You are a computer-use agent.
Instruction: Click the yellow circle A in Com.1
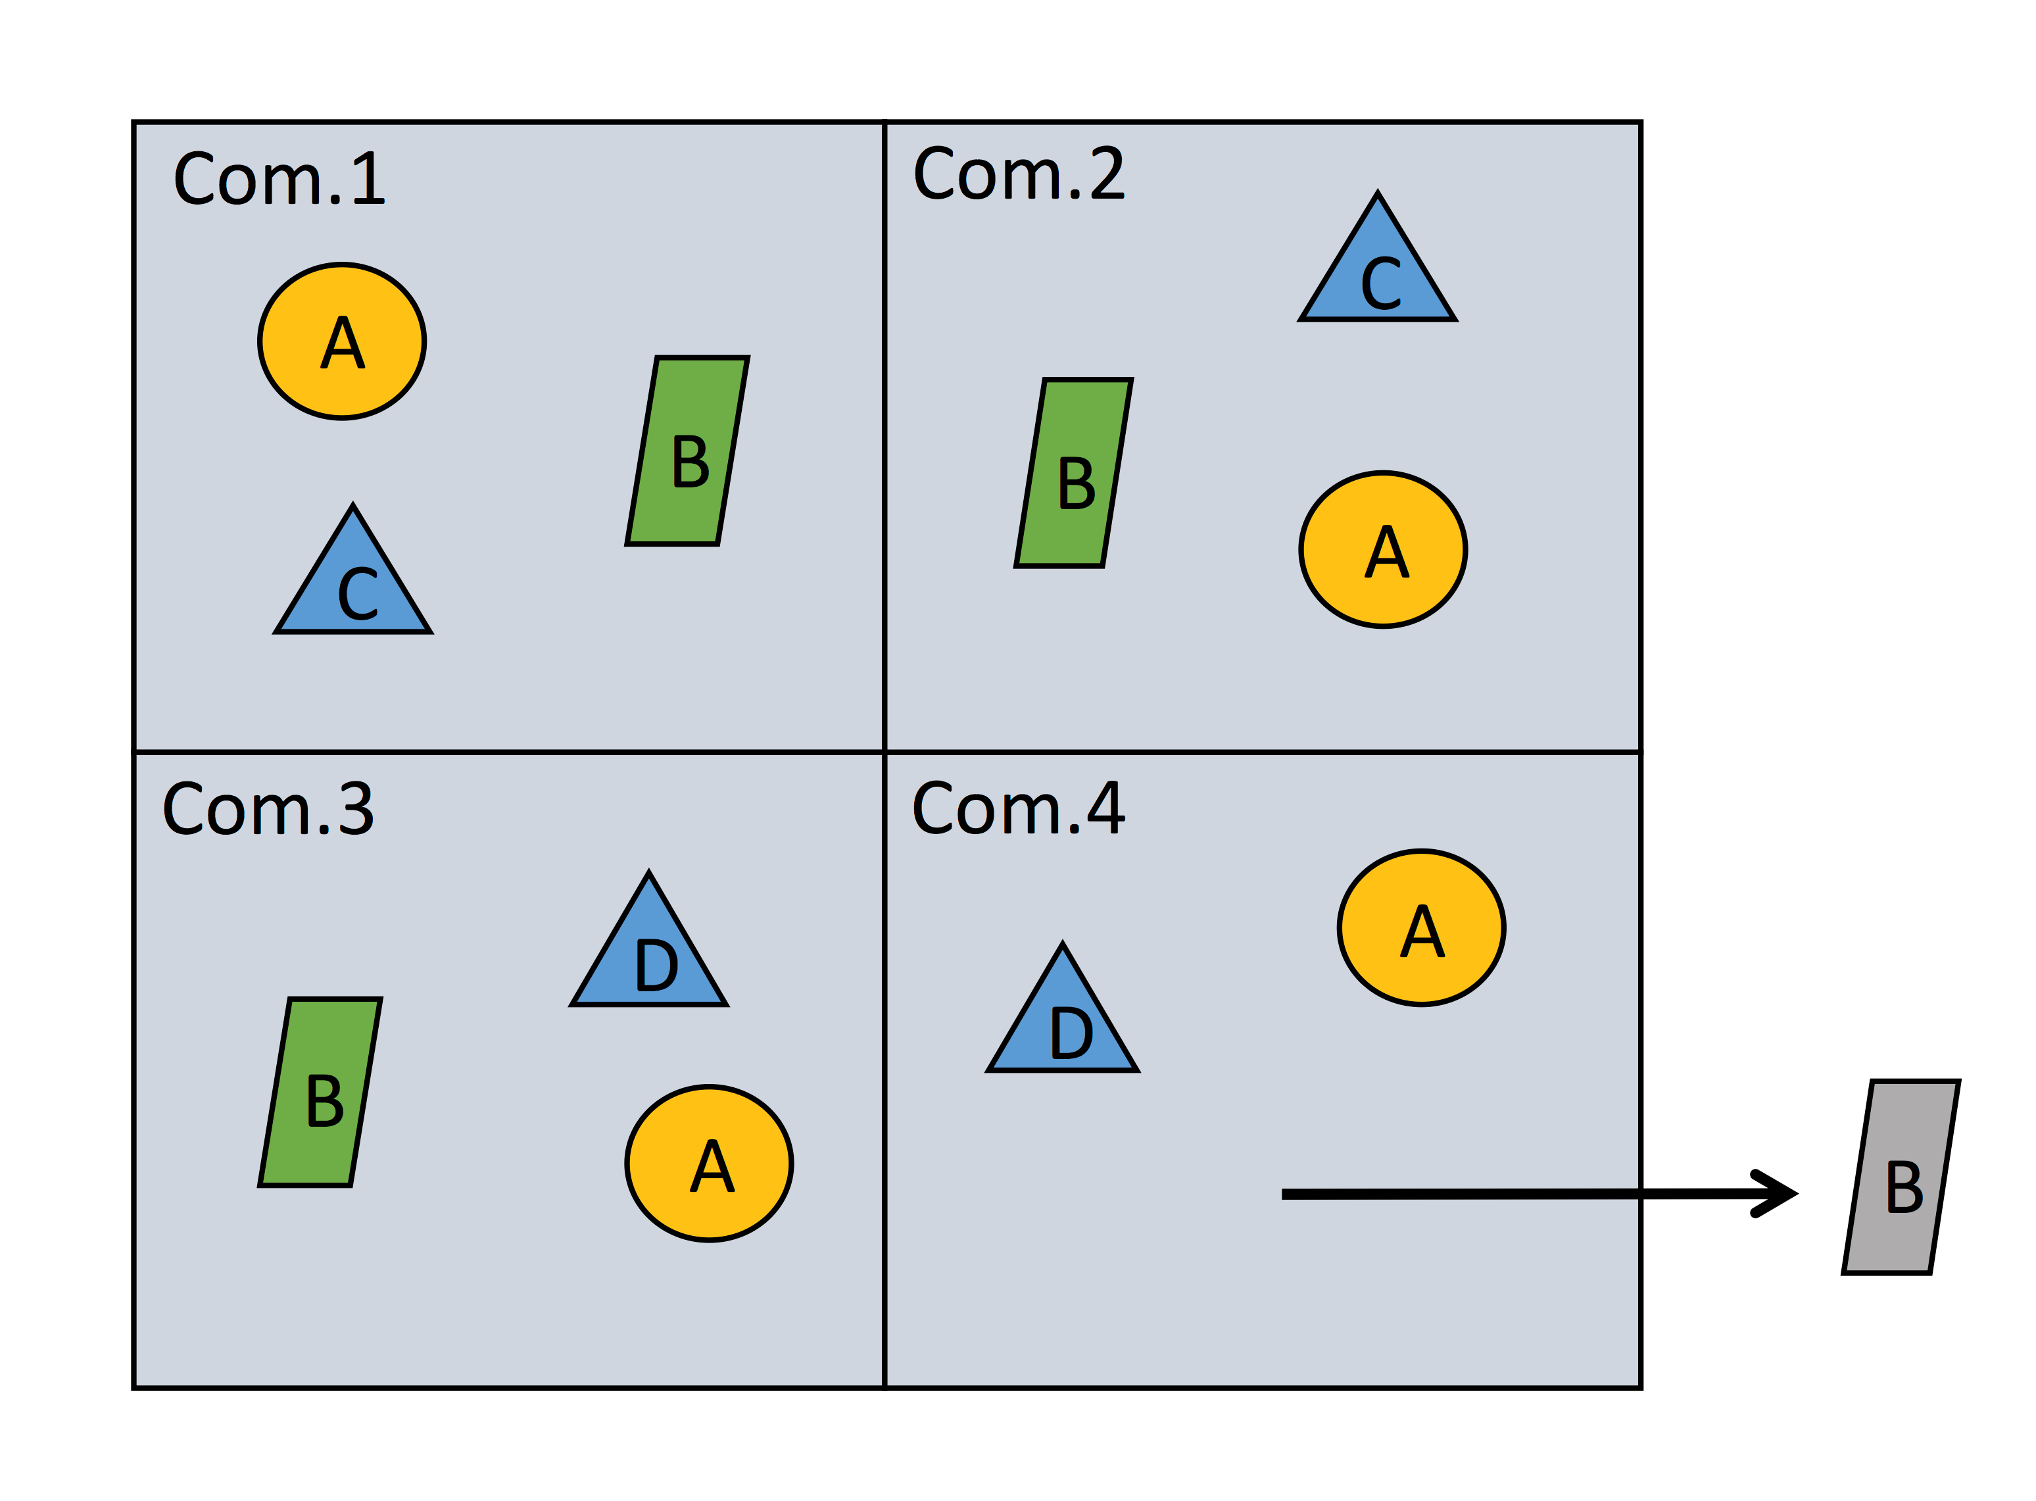pos(341,341)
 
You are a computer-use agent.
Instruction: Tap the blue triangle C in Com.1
pos(353,586)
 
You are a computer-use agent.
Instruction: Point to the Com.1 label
pos(279,179)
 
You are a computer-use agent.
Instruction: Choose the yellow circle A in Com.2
pos(1383,550)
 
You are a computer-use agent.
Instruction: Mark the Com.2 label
pos(1019,174)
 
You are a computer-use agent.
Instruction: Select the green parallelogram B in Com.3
pos(320,1092)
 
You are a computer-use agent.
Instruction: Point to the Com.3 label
pos(268,808)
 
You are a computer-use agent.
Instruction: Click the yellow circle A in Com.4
pos(1421,927)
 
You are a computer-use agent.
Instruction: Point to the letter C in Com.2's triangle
pos(1381,283)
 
